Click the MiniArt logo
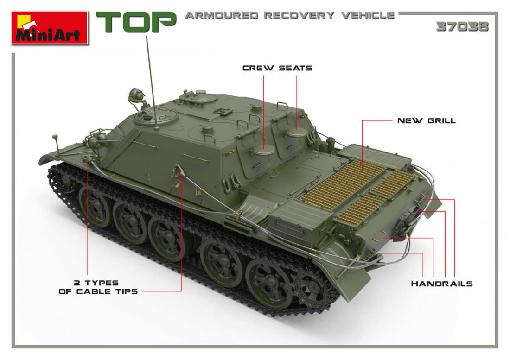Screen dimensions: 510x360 pyautogui.click(x=50, y=28)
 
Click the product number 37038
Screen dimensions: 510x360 pyautogui.click(x=462, y=27)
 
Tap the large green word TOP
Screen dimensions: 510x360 pyautogui.click(x=136, y=22)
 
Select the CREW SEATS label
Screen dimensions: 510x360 pyautogui.click(x=277, y=68)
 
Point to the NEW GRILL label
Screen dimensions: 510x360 pyautogui.click(x=427, y=120)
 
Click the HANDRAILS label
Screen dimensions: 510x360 pyautogui.click(x=442, y=284)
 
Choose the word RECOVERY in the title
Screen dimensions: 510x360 pyautogui.click(x=299, y=15)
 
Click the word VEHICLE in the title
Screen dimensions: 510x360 pyautogui.click(x=368, y=15)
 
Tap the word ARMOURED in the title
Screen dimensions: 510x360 pyautogui.click(x=222, y=15)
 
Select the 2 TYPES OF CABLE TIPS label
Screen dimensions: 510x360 pyautogui.click(x=98, y=287)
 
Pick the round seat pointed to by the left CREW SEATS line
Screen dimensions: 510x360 pyautogui.click(x=264, y=150)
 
